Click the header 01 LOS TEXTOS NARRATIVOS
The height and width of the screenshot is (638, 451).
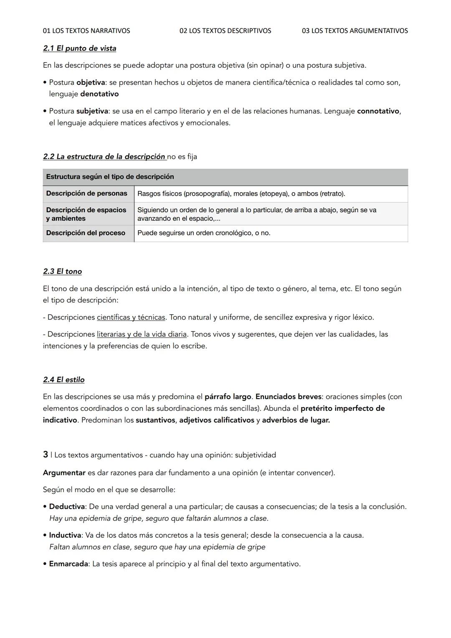tap(86, 31)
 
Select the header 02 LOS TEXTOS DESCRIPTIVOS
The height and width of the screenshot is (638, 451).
tap(225, 31)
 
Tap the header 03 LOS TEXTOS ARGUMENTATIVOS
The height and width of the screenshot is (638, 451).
tap(355, 31)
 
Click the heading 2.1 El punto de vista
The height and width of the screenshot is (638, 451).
tap(79, 48)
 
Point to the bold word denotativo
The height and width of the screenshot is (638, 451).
tap(99, 94)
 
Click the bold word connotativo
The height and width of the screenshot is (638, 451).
tap(378, 111)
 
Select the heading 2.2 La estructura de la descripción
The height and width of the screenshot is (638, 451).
tap(104, 157)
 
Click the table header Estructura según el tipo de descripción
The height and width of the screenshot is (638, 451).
tap(110, 177)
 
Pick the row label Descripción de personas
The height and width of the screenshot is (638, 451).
tap(86, 193)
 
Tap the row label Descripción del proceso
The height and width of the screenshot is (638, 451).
tap(86, 233)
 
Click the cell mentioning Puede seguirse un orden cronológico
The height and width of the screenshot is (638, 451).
tap(203, 233)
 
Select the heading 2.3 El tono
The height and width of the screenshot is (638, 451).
tap(62, 272)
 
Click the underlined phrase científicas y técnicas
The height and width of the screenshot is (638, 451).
tap(131, 318)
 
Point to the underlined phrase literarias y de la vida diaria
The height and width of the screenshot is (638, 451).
tap(142, 334)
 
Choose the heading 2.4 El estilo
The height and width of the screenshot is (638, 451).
tap(63, 380)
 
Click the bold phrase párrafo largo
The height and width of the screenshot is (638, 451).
tap(228, 397)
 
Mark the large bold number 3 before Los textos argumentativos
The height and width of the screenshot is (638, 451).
tap(46, 455)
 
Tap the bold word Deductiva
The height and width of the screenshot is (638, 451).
tap(67, 507)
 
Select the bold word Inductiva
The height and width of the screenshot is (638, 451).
tap(65, 536)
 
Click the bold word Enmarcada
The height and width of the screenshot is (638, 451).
tap(68, 564)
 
